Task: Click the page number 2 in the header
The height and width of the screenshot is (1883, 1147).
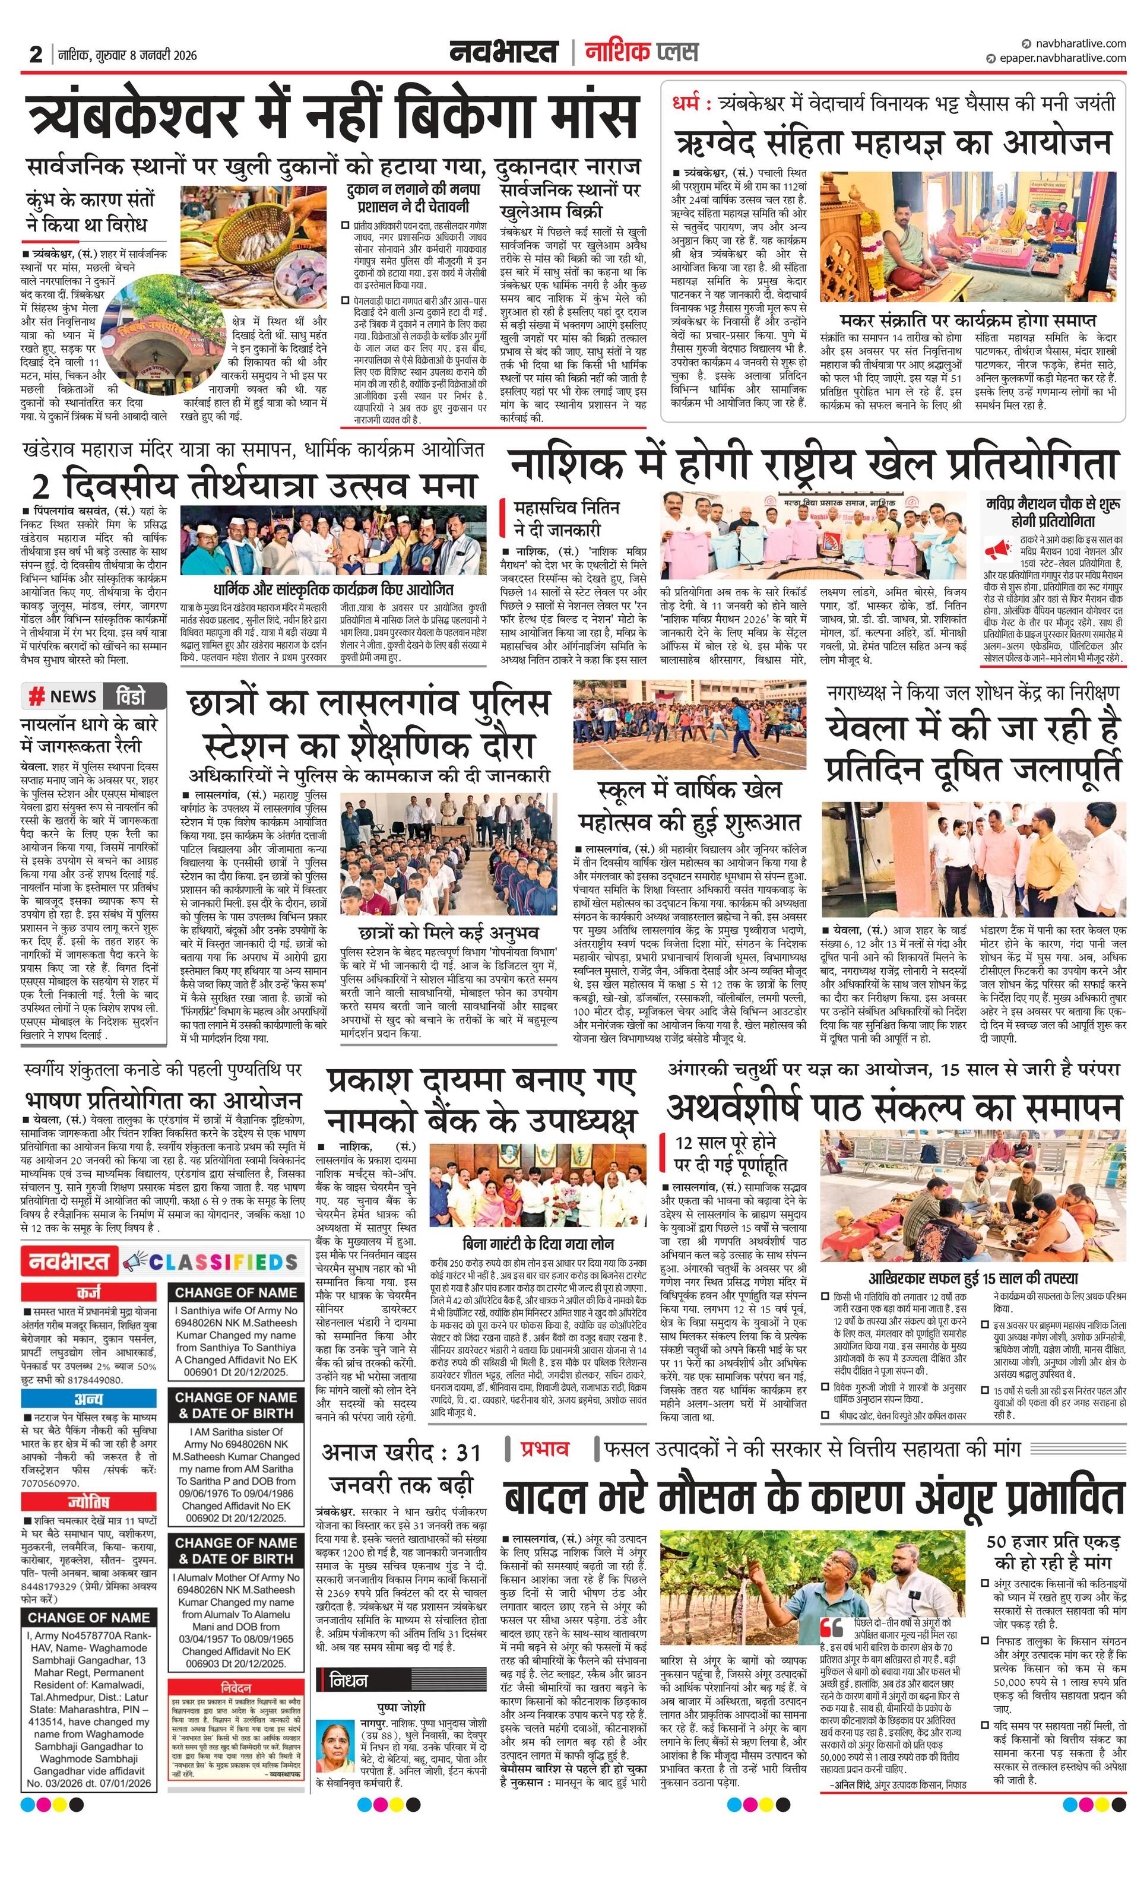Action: pyautogui.click(x=35, y=54)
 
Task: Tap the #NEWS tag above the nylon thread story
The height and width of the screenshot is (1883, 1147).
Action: pyautogui.click(x=63, y=696)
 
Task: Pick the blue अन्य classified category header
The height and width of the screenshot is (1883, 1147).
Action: pyautogui.click(x=90, y=1399)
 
